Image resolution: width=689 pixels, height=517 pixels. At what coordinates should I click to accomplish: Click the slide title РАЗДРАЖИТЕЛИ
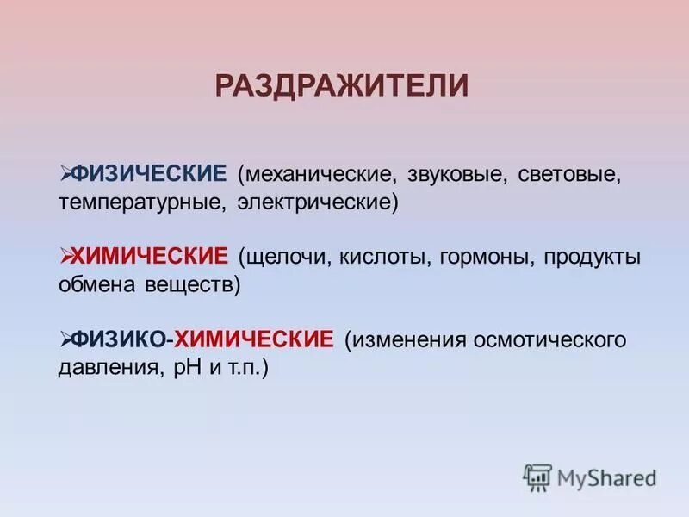tap(342, 86)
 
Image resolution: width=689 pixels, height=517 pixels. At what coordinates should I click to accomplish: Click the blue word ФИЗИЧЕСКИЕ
tap(148, 175)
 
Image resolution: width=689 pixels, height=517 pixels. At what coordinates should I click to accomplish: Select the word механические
tap(317, 176)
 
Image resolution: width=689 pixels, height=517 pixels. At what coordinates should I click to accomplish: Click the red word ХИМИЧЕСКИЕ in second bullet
tap(150, 256)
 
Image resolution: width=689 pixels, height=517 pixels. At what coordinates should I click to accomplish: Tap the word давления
tap(106, 368)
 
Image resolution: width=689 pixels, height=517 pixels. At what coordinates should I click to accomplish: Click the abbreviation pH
tap(185, 368)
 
